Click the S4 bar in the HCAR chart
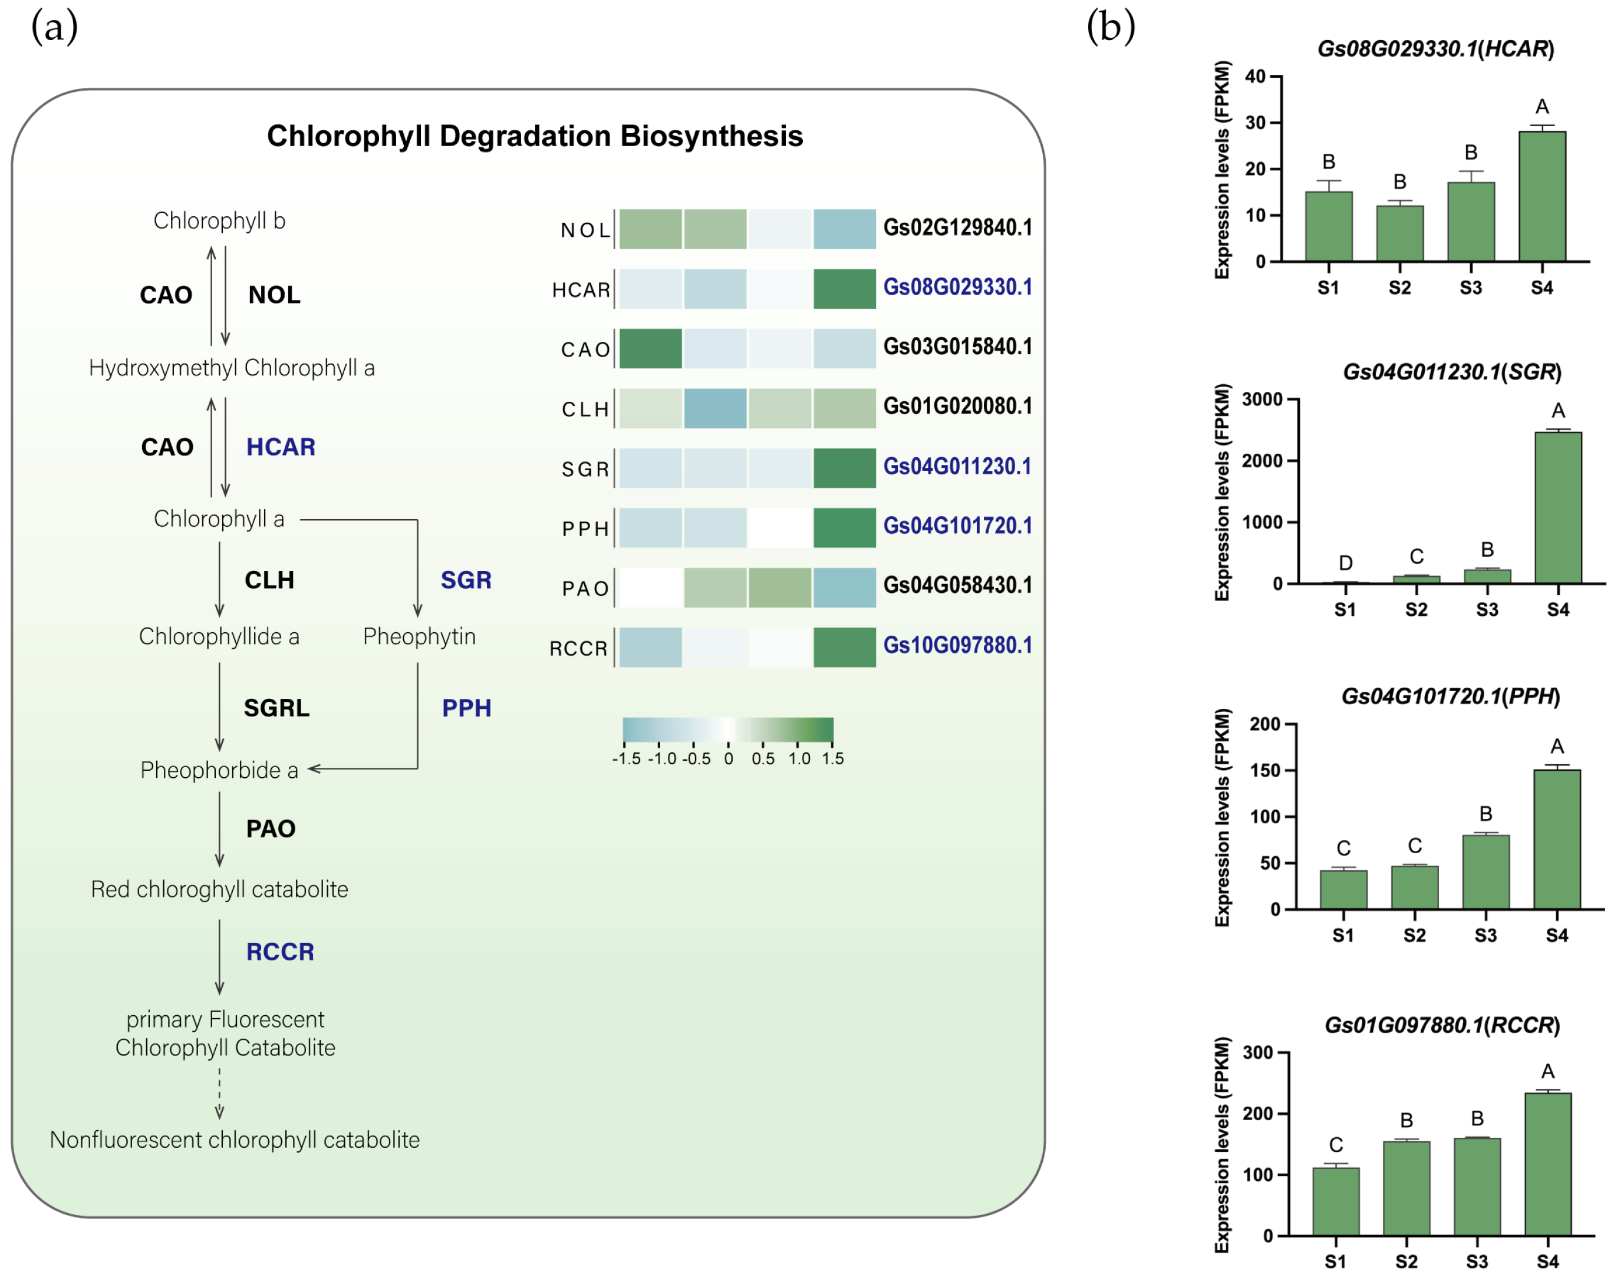1541,197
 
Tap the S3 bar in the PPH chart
1485,871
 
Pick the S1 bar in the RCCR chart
1336,1201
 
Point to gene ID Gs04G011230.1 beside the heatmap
957,466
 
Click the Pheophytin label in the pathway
419,637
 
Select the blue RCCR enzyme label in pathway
280,952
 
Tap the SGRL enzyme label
276,708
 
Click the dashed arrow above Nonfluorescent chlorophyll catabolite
219,1093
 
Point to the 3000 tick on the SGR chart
1262,400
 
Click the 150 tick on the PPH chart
1265,771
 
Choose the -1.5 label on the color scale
626,759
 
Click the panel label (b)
1110,28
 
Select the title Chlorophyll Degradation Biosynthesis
535,136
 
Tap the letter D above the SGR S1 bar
1345,563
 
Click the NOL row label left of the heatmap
585,230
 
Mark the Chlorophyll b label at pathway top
219,221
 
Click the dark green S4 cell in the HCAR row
844,289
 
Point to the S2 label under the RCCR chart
1406,1262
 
